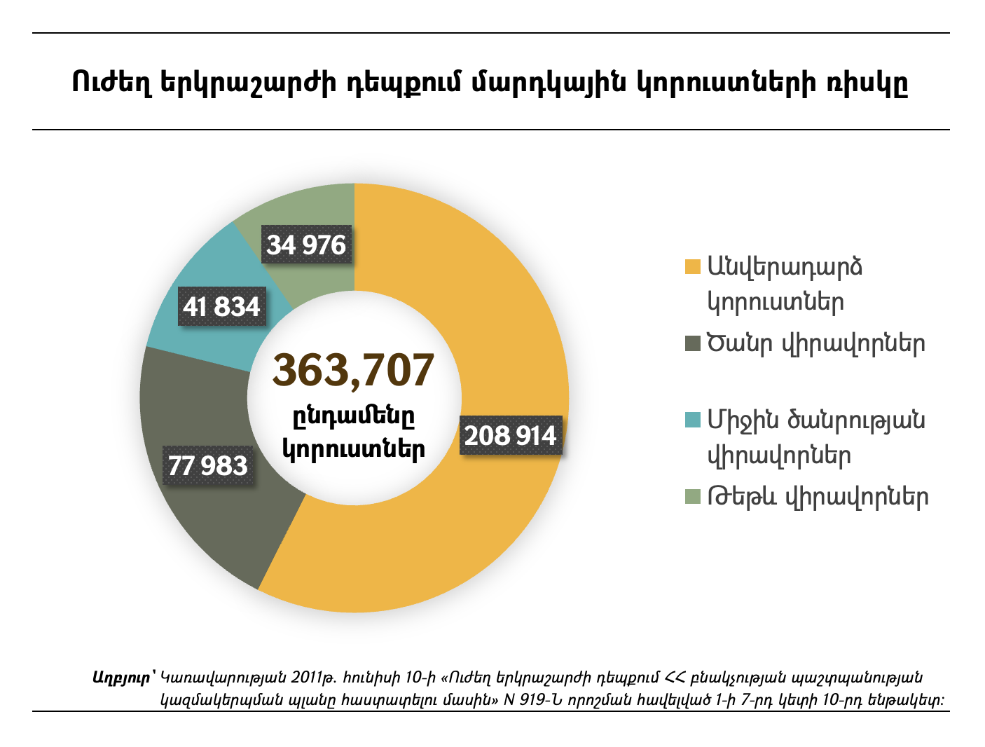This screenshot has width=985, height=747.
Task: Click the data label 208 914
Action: [x=511, y=435]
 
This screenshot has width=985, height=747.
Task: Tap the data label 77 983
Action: [x=208, y=465]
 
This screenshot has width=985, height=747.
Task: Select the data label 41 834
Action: [x=221, y=306]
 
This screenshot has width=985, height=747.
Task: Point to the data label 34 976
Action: [x=306, y=245]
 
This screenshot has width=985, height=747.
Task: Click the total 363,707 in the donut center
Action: [x=354, y=370]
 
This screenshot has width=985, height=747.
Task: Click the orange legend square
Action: [x=692, y=268]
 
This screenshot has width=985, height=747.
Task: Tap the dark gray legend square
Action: [x=692, y=344]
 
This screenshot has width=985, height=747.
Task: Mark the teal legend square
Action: [x=692, y=420]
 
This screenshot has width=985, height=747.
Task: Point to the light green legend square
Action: [x=692, y=497]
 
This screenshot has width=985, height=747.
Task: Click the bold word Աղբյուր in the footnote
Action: [x=121, y=678]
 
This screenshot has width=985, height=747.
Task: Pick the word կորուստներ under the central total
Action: [x=354, y=449]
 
